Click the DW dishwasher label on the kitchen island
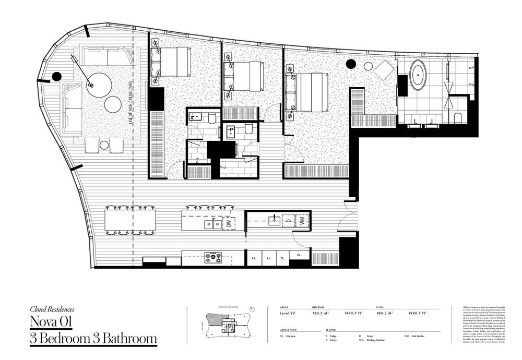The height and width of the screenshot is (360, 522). (x=228, y=223)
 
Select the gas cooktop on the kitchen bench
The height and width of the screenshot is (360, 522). (x=212, y=257)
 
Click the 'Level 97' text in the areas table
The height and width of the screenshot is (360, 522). (x=289, y=313)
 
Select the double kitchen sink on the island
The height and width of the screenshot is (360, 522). (x=212, y=224)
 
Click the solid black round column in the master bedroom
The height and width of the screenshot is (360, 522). (x=351, y=64)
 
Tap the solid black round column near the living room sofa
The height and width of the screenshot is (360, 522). (x=56, y=77)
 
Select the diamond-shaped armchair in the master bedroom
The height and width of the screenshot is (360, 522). (x=385, y=70)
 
